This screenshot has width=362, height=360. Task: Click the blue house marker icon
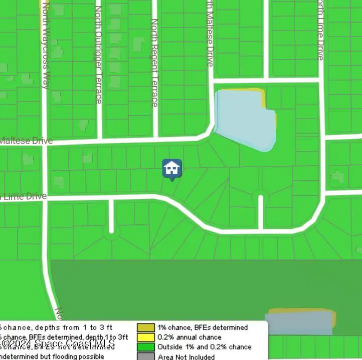[x=172, y=169]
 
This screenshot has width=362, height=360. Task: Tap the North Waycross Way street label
[x=46, y=46]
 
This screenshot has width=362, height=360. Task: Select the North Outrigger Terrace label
[x=98, y=55]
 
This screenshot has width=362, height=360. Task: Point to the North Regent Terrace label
[x=155, y=63]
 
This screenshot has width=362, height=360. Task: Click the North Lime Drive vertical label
[x=320, y=30]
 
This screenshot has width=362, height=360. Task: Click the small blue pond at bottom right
[x=299, y=323]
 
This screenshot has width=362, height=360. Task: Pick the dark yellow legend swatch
[x=146, y=327]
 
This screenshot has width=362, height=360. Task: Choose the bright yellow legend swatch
[x=146, y=337]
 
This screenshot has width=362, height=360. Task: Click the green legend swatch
[x=146, y=347]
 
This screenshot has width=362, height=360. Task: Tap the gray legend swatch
[x=146, y=356]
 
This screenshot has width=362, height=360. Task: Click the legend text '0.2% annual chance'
[x=189, y=337]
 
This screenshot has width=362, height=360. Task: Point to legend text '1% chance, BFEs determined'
[x=202, y=327]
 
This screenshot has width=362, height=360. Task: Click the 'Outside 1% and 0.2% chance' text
[x=204, y=347]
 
